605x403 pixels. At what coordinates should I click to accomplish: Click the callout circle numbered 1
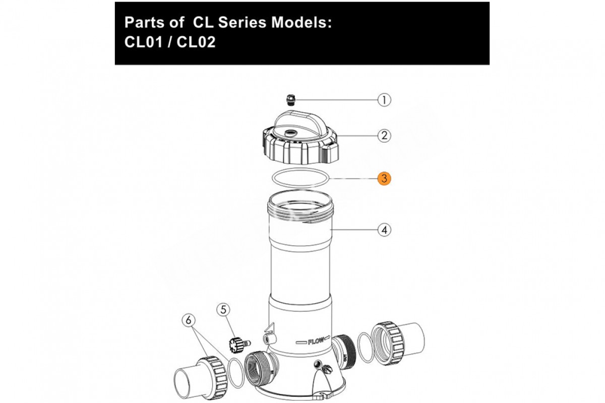[385, 100]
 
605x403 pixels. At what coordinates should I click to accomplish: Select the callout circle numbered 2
[385, 135]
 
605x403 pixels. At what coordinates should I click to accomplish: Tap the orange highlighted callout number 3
[385, 178]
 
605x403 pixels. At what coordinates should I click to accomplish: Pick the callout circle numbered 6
[189, 320]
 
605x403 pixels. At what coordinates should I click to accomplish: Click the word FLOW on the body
[314, 342]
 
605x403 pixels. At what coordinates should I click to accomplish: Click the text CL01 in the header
[143, 42]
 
